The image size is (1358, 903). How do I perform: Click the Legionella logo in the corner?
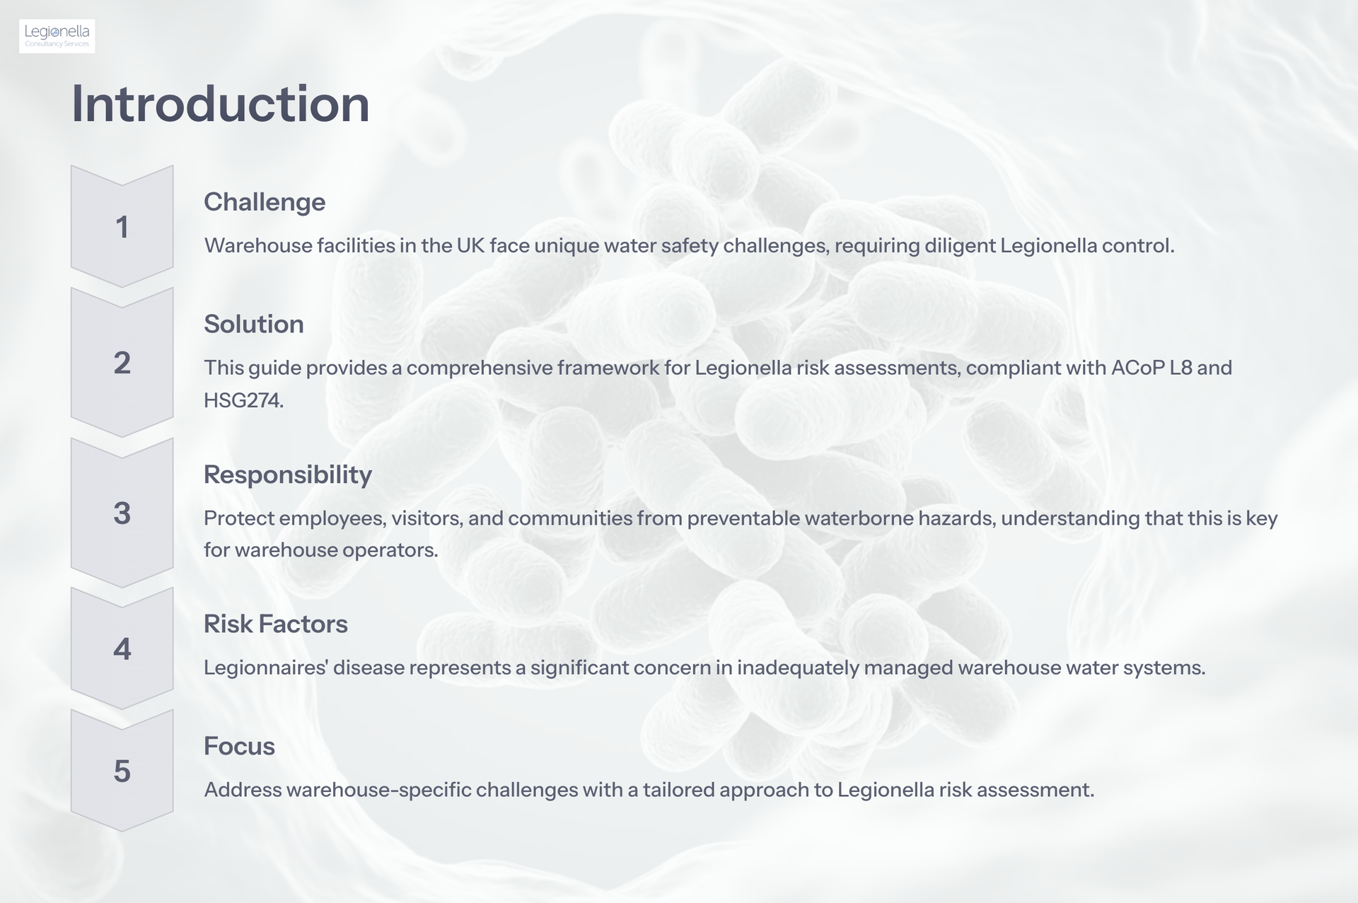[x=57, y=36]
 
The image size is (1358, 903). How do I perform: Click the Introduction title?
[x=221, y=104]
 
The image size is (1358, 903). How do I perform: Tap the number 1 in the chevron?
[x=122, y=227]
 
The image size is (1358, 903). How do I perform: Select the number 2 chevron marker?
[x=122, y=363]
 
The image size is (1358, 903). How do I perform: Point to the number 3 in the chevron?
[x=122, y=513]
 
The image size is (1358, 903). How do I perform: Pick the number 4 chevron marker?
[x=122, y=648]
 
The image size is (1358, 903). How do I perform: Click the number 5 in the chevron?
[x=122, y=771]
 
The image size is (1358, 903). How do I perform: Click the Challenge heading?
[x=265, y=202]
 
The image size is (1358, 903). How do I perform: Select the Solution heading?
[x=254, y=324]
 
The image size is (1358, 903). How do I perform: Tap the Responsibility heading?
[x=288, y=474]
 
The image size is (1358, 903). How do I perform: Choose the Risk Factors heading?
[x=276, y=624]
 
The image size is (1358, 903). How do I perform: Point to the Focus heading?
[x=239, y=746]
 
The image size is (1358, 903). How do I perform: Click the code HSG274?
[x=243, y=400]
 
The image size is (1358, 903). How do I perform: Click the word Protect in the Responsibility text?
[x=238, y=518]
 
